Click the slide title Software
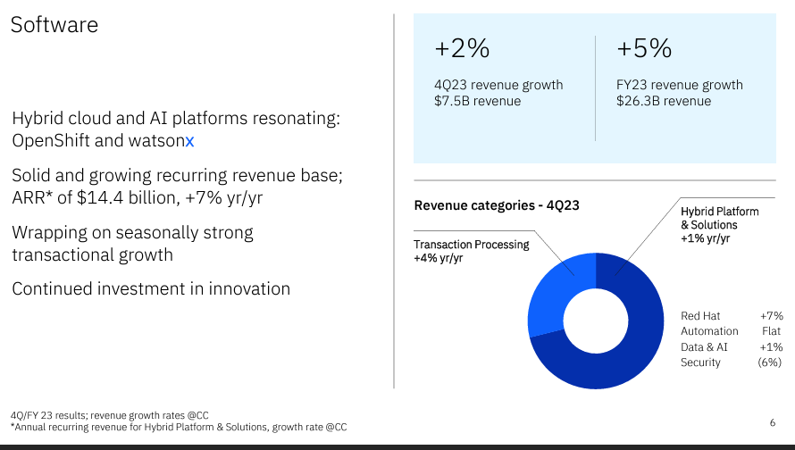[54, 24]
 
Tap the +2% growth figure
[462, 48]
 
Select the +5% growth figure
[644, 48]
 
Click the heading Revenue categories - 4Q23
[497, 205]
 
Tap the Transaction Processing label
[471, 245]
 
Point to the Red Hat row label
[700, 316]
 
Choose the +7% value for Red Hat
[771, 316]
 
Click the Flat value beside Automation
[771, 331]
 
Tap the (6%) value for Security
[769, 362]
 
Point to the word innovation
[247, 288]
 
